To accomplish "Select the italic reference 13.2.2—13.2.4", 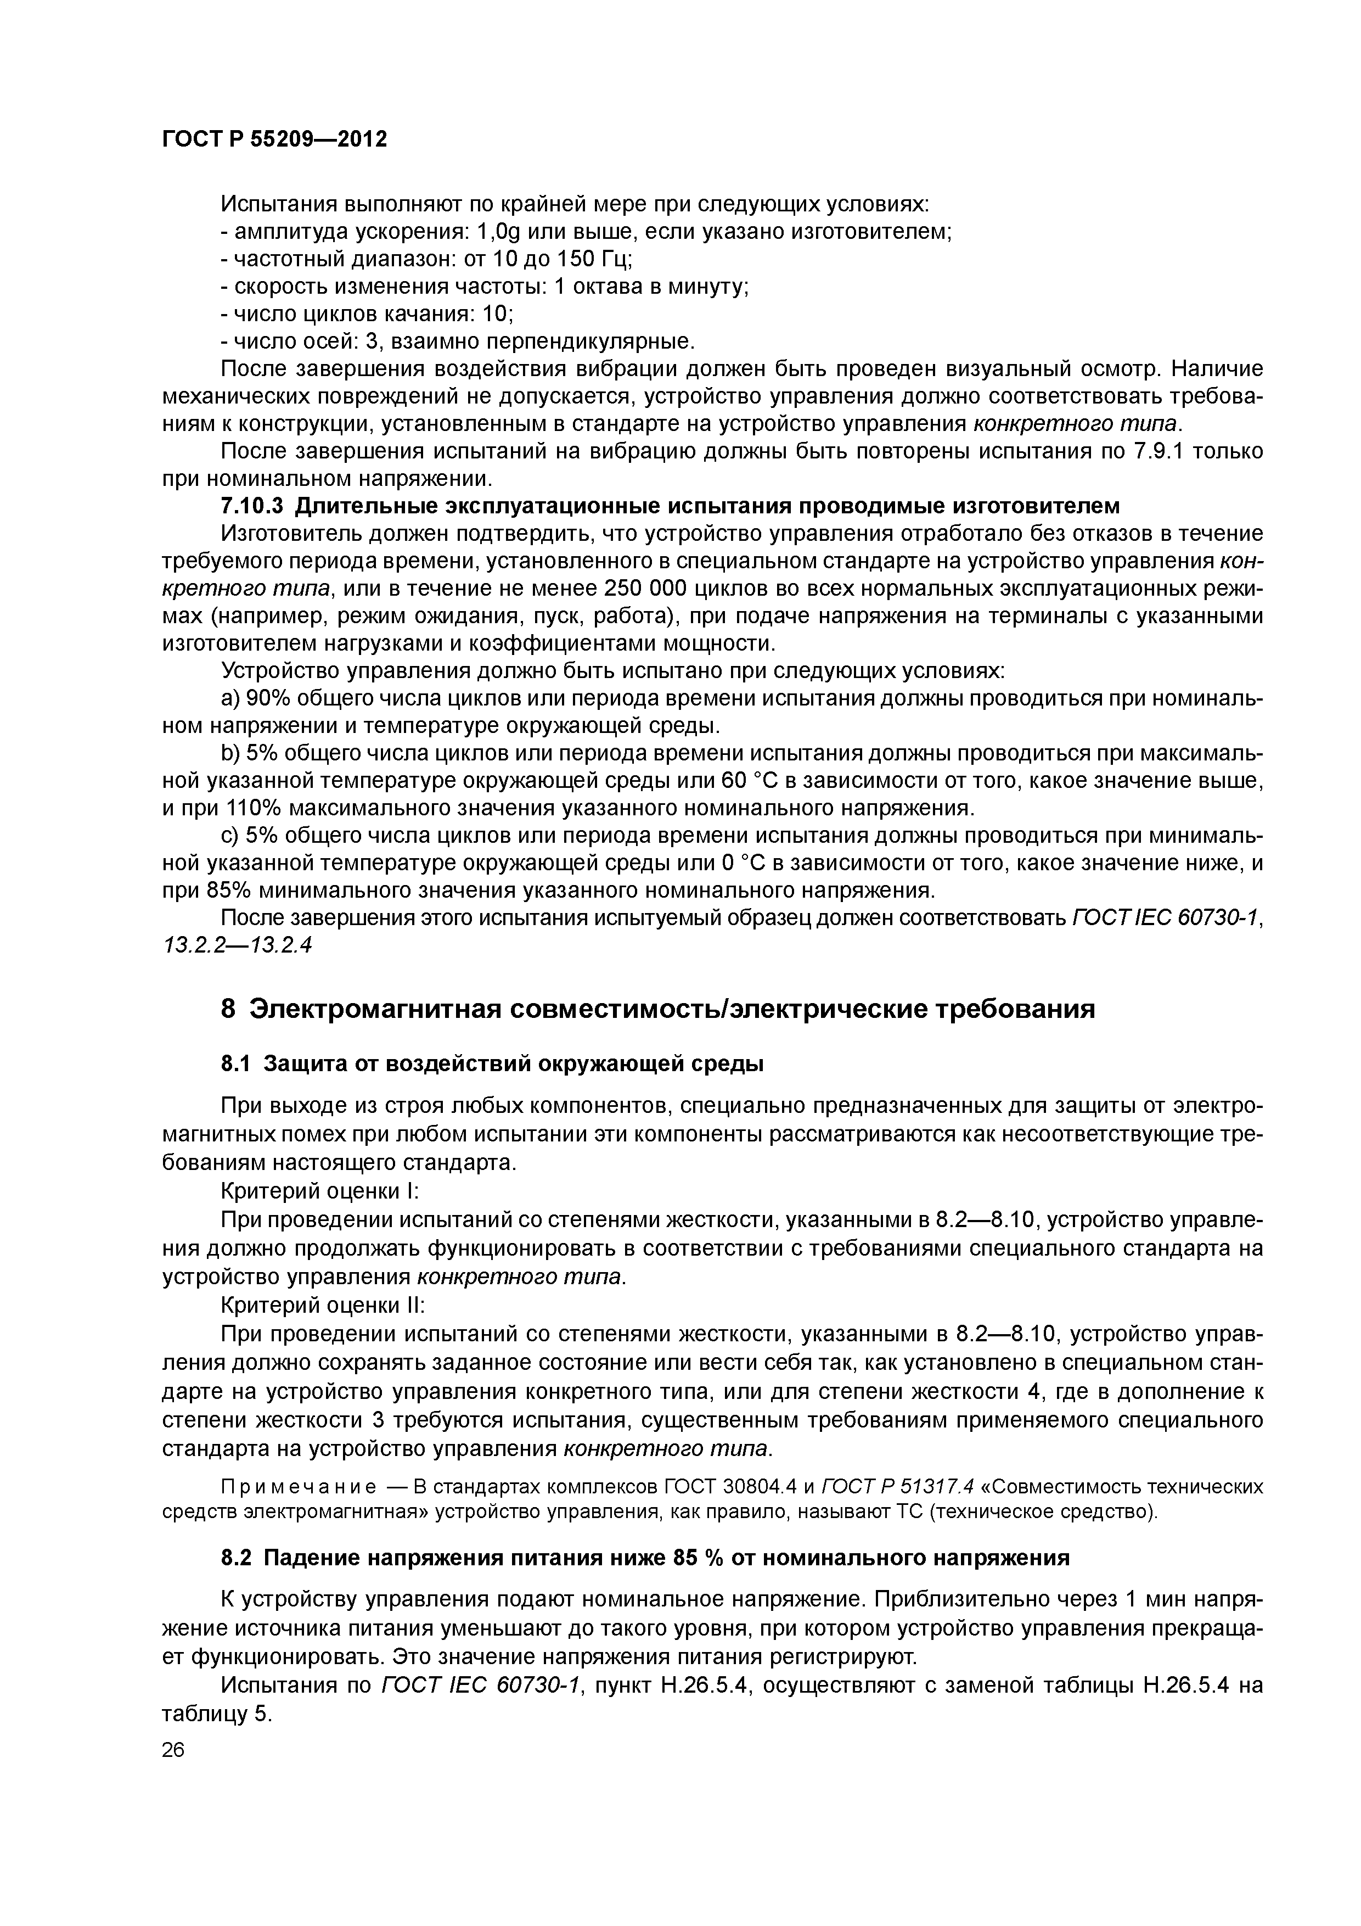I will (237, 944).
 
